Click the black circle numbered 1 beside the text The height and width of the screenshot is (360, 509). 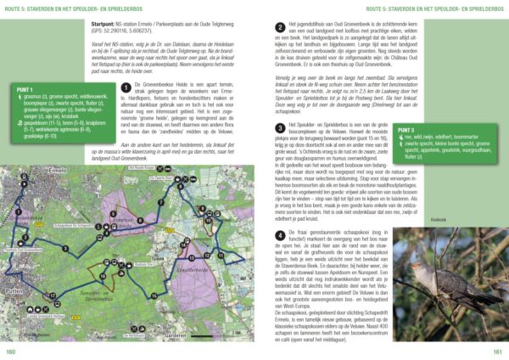click(126, 87)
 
